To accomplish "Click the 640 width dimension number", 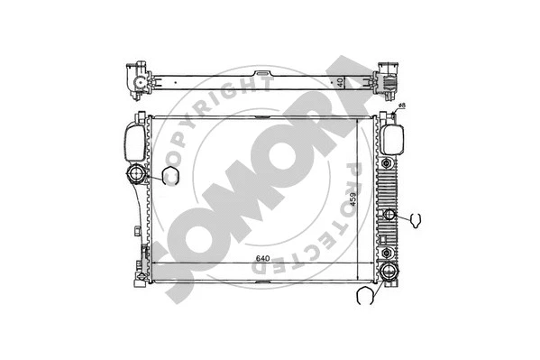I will pos(262,260).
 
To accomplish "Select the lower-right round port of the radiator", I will pos(389,274).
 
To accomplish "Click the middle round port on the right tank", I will pos(389,215).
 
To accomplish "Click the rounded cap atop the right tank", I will pos(392,137).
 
